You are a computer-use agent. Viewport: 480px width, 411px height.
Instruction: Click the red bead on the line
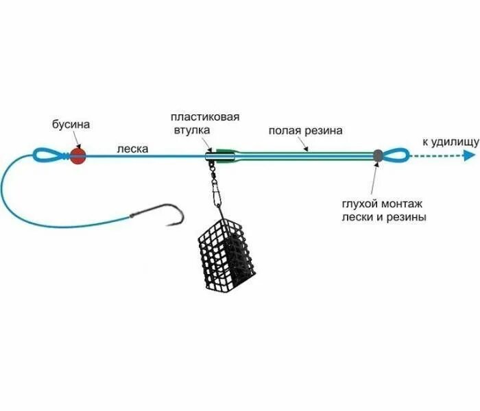coord(77,155)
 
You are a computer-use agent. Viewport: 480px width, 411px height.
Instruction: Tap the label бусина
coord(71,125)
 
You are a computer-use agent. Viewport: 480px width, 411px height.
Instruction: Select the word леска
coord(132,147)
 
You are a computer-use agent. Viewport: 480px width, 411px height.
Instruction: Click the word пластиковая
coord(206,117)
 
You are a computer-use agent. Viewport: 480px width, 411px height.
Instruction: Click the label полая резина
coord(305,130)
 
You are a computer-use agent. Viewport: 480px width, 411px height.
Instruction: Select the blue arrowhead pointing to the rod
coord(470,155)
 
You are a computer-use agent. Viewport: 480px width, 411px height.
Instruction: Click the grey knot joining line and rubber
coord(376,155)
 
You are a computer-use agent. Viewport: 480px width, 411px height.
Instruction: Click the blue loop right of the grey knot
coord(395,155)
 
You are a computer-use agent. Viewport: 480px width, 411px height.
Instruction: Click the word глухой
coord(360,203)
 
